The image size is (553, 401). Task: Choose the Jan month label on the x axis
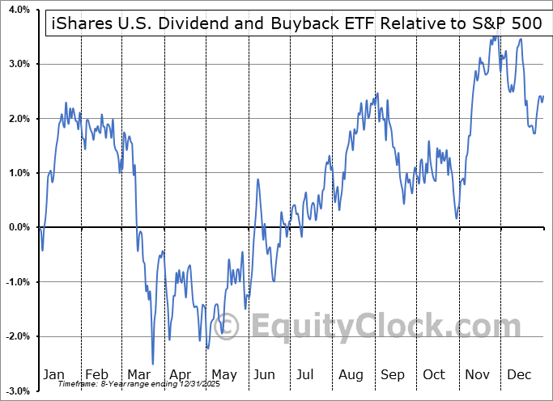coord(54,374)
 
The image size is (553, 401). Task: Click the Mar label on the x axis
coord(138,374)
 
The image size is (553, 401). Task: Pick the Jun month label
coord(265,374)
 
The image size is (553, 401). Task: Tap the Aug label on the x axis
coord(351,374)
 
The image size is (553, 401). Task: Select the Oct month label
coord(435,374)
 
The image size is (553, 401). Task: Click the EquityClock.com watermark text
coord(376,327)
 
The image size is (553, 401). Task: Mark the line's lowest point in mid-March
coord(152,364)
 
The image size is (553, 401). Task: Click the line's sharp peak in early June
coord(258,179)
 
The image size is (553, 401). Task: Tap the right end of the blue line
coord(542,96)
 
